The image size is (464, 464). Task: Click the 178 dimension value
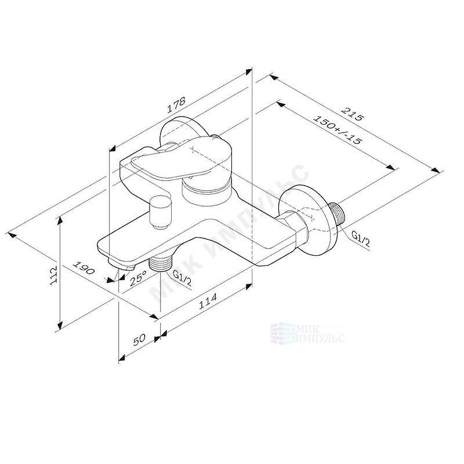pyautogui.click(x=176, y=105)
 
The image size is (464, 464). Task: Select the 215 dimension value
pyautogui.click(x=352, y=114)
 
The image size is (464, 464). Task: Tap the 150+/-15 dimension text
pyautogui.click(x=338, y=129)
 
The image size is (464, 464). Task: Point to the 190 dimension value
pyautogui.click(x=84, y=268)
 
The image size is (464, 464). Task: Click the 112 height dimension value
pyautogui.click(x=53, y=275)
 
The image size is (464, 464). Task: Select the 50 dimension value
pyautogui.click(x=139, y=340)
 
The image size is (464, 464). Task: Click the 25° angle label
pyautogui.click(x=138, y=278)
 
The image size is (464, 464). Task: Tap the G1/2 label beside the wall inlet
pyautogui.click(x=360, y=239)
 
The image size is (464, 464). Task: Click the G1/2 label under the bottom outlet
pyautogui.click(x=182, y=279)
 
